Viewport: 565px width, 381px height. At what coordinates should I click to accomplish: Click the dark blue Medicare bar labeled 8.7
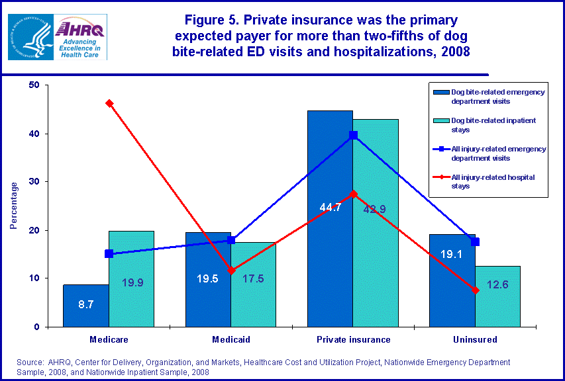tap(86, 306)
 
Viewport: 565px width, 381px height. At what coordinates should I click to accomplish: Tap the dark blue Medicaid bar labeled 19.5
tap(208, 291)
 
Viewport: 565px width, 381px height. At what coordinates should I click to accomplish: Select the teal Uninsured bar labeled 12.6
tap(497, 301)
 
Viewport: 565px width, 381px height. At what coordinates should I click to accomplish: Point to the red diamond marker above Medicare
tap(109, 103)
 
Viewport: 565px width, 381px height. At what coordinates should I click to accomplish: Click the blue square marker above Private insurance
tap(353, 135)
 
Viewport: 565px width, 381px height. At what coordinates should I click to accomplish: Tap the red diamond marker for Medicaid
tap(231, 270)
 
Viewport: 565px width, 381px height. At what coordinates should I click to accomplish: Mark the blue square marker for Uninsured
tap(475, 242)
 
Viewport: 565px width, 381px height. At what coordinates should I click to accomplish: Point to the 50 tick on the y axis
tap(34, 85)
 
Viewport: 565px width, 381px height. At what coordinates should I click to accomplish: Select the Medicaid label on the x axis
tap(231, 339)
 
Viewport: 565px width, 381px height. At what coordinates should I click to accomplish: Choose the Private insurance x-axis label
tap(352, 339)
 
